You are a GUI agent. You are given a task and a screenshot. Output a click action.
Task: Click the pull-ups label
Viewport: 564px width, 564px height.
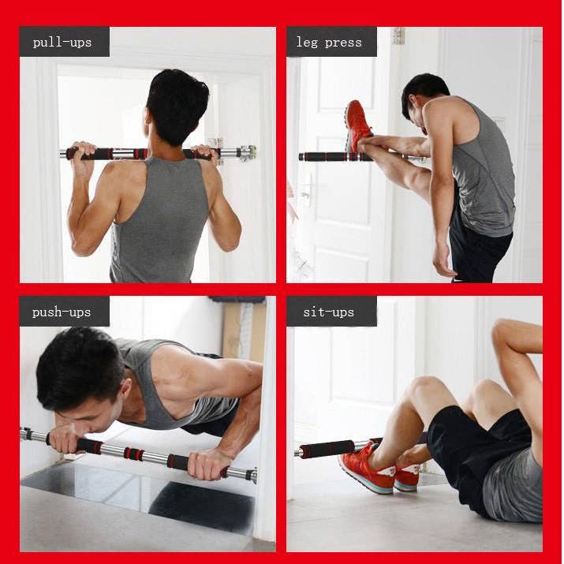click(63, 42)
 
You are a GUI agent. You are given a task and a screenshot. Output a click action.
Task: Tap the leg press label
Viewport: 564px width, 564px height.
click(331, 42)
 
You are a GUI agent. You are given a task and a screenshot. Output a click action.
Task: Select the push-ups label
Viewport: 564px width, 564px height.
click(63, 312)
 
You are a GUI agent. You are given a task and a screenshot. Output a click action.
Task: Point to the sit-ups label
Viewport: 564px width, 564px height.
click(331, 312)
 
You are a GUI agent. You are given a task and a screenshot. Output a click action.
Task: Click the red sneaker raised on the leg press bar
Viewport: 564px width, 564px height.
click(358, 126)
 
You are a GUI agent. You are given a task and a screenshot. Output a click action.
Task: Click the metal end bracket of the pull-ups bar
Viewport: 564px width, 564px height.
click(248, 152)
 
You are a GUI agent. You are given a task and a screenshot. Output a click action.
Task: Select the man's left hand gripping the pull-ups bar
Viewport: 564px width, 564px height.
click(82, 150)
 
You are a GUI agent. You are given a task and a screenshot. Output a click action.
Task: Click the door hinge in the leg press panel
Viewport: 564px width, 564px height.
click(398, 35)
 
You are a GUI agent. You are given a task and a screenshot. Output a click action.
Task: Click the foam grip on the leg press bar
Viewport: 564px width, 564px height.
click(323, 156)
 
